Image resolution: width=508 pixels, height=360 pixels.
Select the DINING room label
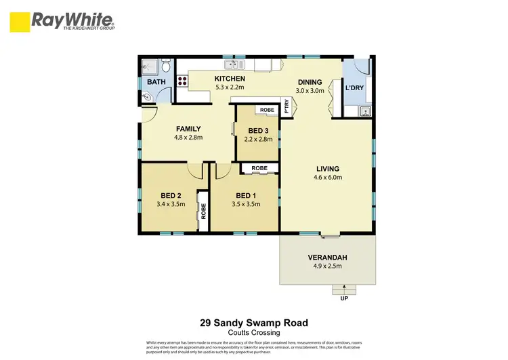(311, 82)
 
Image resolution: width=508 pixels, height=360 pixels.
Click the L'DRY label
(356, 88)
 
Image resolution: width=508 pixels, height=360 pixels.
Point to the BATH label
(156, 83)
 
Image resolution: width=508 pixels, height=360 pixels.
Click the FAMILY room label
(188, 129)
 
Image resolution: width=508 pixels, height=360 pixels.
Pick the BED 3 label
(259, 131)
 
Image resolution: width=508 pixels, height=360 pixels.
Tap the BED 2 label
(170, 195)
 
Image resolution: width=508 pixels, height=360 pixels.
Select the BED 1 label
(245, 195)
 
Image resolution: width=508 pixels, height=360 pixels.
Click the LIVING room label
(327, 169)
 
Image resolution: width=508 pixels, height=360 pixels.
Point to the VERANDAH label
(327, 258)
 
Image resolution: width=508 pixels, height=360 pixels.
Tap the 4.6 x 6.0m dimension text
(327, 178)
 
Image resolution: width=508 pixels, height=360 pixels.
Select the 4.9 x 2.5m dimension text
(327, 266)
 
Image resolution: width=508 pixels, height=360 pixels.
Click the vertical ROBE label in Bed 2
(203, 211)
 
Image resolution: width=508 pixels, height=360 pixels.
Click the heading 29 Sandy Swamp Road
(254, 323)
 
